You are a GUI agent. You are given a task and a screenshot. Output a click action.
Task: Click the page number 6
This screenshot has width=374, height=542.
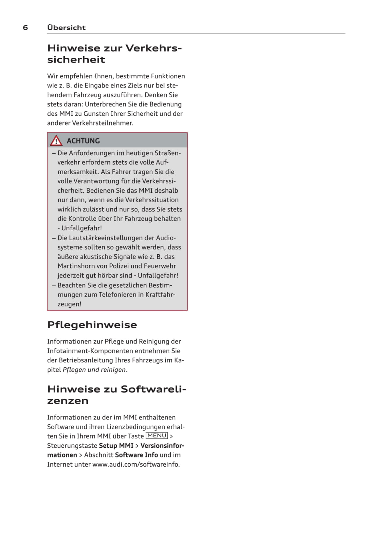(26, 28)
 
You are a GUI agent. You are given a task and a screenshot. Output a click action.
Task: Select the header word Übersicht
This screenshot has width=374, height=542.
(66, 28)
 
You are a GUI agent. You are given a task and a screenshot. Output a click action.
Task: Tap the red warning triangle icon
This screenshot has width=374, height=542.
(56, 141)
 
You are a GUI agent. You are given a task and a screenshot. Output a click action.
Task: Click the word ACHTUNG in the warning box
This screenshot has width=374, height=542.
(83, 141)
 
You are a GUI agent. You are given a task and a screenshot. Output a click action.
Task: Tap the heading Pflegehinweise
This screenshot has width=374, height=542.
(92, 325)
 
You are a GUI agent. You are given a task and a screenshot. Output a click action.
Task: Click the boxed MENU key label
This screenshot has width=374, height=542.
(157, 436)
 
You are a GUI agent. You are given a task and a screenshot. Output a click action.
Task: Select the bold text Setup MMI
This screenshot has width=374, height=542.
(116, 446)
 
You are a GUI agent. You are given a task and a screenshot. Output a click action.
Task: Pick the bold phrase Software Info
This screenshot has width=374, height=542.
(137, 455)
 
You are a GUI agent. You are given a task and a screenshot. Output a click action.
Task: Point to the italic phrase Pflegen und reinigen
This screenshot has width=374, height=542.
(94, 370)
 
